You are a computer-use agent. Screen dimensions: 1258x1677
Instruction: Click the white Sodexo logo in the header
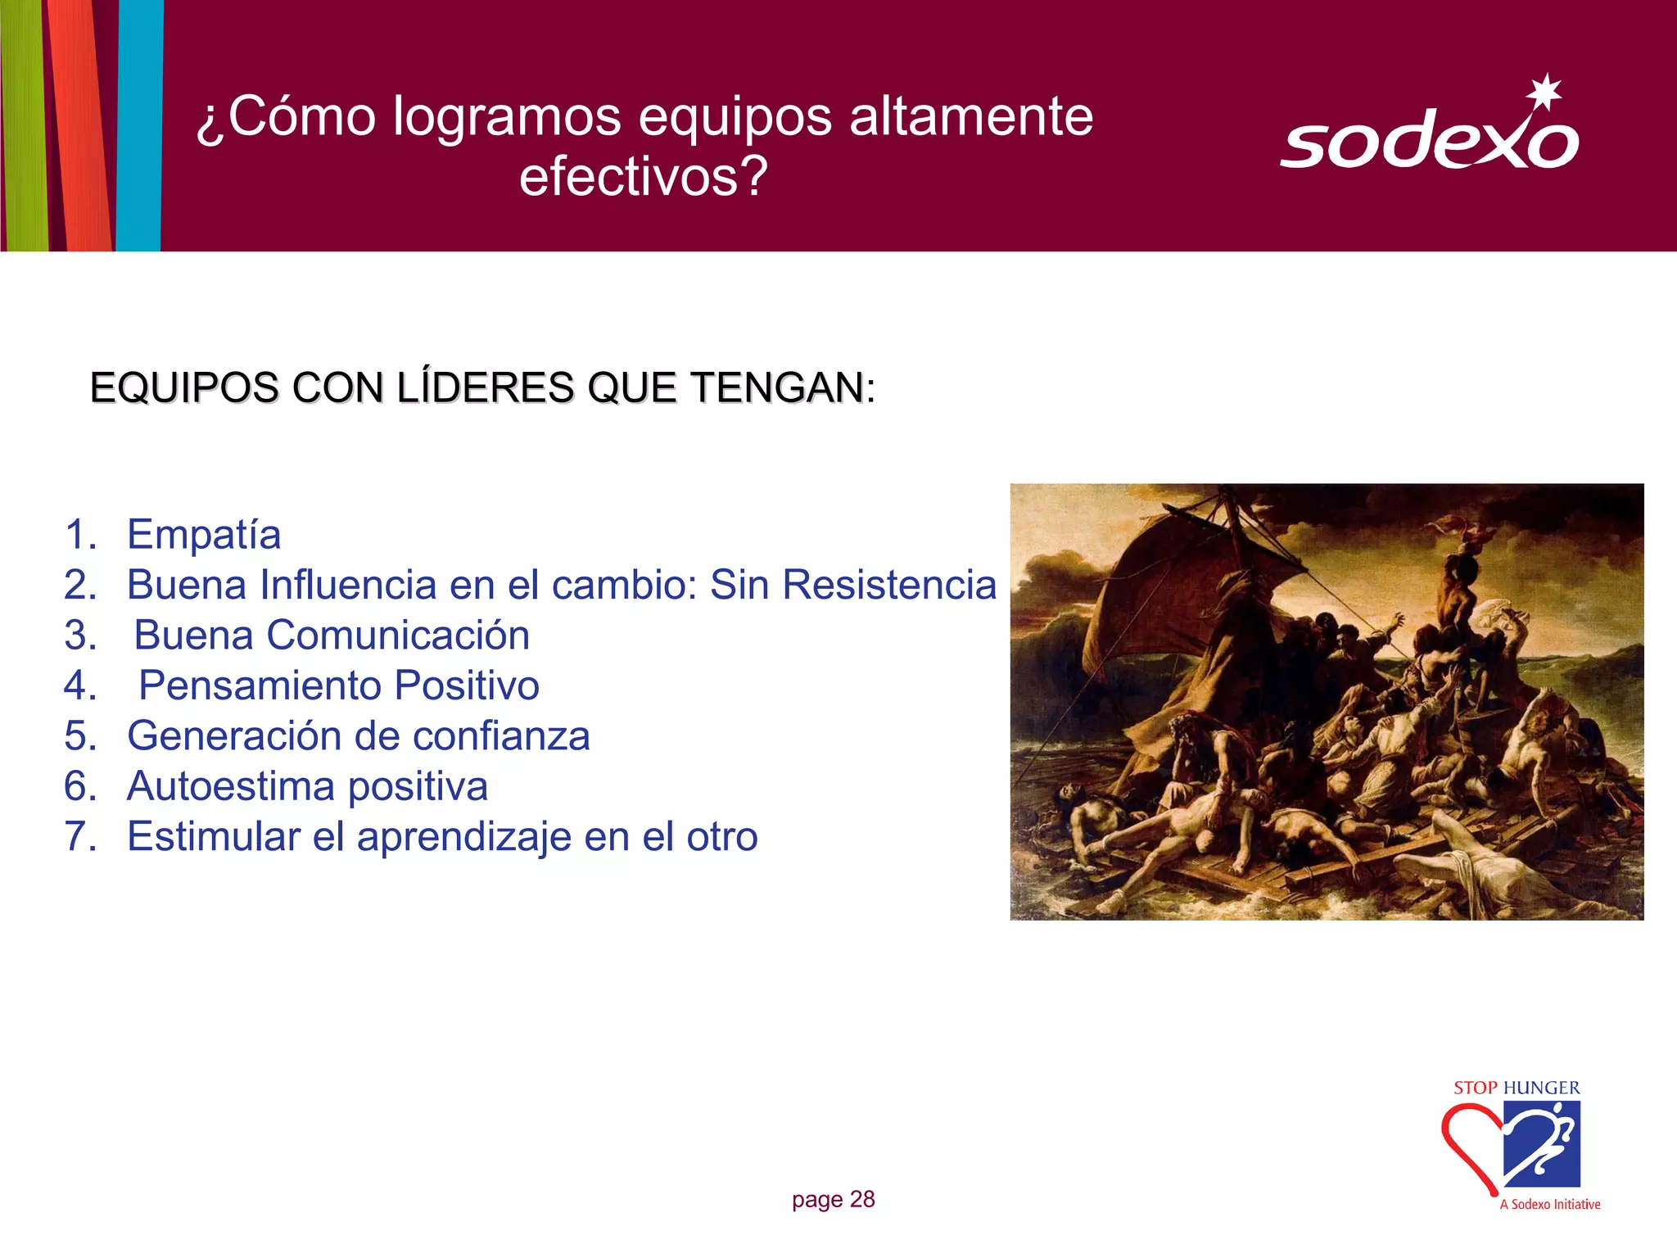click(x=1429, y=139)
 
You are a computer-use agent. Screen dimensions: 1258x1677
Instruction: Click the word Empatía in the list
click(x=204, y=534)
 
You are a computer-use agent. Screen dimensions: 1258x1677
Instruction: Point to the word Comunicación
click(x=398, y=636)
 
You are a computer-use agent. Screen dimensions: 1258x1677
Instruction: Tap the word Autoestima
click(x=230, y=786)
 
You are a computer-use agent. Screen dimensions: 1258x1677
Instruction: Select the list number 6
click(x=80, y=786)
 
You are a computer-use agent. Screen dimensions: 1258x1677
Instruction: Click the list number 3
click(x=80, y=636)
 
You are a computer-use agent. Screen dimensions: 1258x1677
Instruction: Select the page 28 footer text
click(x=833, y=1199)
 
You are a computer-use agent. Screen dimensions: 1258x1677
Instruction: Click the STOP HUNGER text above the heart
click(x=1517, y=1088)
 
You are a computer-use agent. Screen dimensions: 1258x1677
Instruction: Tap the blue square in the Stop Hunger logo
click(x=1543, y=1143)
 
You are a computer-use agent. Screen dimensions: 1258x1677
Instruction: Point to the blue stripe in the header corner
click(x=139, y=123)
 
